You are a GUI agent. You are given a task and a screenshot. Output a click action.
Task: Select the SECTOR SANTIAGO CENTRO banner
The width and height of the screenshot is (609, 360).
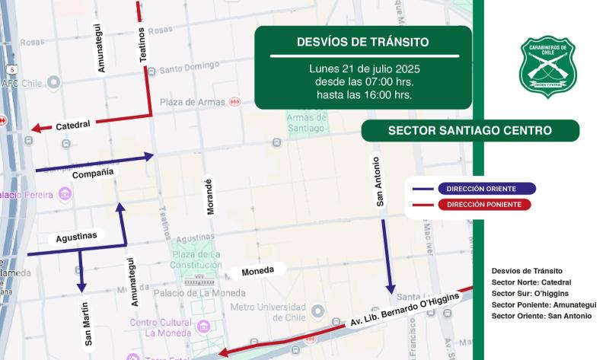click(x=470, y=131)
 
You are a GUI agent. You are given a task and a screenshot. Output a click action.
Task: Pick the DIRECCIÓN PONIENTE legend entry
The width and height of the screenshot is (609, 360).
click(x=485, y=205)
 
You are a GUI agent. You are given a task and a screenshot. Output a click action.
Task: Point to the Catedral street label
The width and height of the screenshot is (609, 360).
click(x=73, y=123)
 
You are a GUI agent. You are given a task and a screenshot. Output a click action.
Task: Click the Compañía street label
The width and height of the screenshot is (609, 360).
click(x=93, y=174)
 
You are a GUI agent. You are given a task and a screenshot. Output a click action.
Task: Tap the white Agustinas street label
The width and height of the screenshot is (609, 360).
click(x=77, y=237)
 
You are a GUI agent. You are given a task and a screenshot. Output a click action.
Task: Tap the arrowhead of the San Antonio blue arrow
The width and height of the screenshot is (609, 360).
click(x=391, y=290)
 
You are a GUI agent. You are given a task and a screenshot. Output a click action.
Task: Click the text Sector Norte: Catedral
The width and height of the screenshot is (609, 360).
click(x=531, y=282)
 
